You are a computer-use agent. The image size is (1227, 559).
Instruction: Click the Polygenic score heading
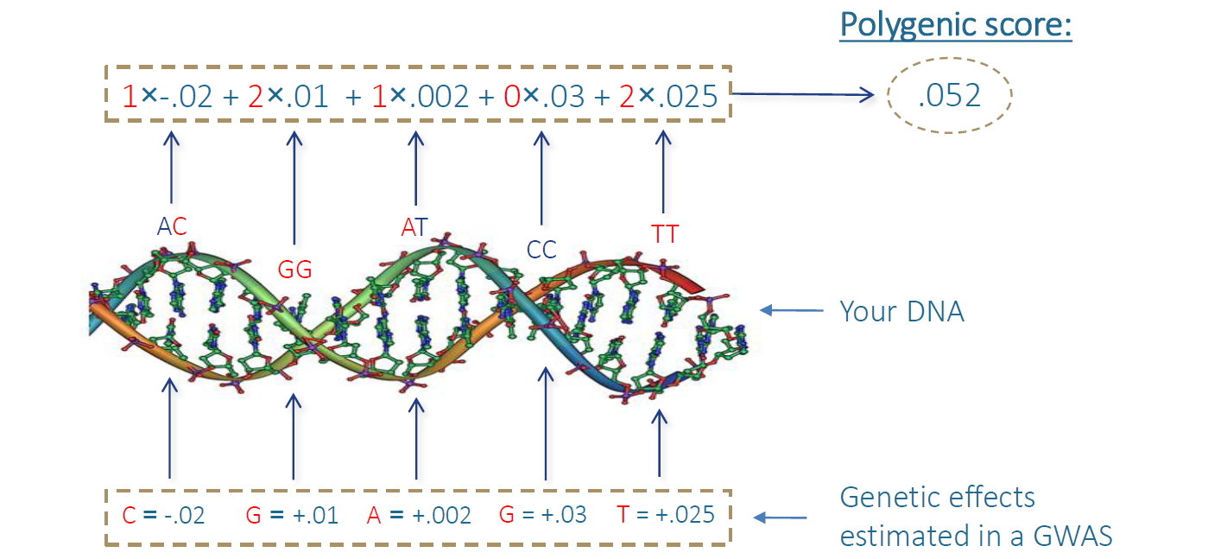click(956, 25)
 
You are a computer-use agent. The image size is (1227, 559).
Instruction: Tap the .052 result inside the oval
click(949, 96)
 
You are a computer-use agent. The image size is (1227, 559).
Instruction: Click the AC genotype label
click(172, 226)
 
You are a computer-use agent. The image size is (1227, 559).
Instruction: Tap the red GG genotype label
click(294, 270)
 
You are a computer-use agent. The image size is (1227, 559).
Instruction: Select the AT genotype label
click(414, 227)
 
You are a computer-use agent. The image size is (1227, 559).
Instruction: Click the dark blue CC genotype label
click(541, 250)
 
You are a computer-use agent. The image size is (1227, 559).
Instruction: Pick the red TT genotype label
click(665, 234)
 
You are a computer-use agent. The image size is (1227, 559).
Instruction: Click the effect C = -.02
click(164, 516)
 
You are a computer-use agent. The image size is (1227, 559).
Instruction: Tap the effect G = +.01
click(292, 516)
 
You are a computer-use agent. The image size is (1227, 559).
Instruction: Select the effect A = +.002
click(419, 516)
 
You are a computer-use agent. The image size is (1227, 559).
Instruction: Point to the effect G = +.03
click(543, 515)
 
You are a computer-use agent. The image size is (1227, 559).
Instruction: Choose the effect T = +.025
click(666, 515)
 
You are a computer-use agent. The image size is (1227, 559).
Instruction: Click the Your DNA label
click(901, 311)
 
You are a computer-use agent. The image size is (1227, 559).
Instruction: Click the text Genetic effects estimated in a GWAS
click(976, 517)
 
